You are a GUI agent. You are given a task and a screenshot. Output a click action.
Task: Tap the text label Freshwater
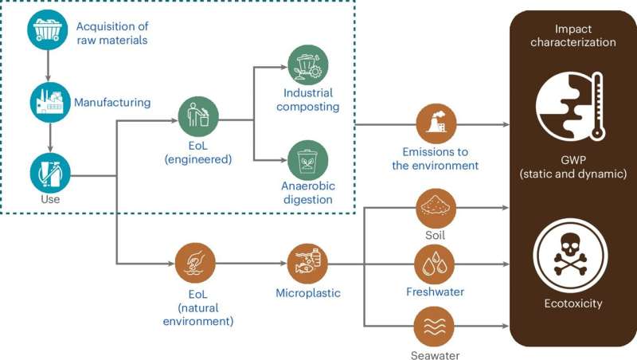click(436, 292)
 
